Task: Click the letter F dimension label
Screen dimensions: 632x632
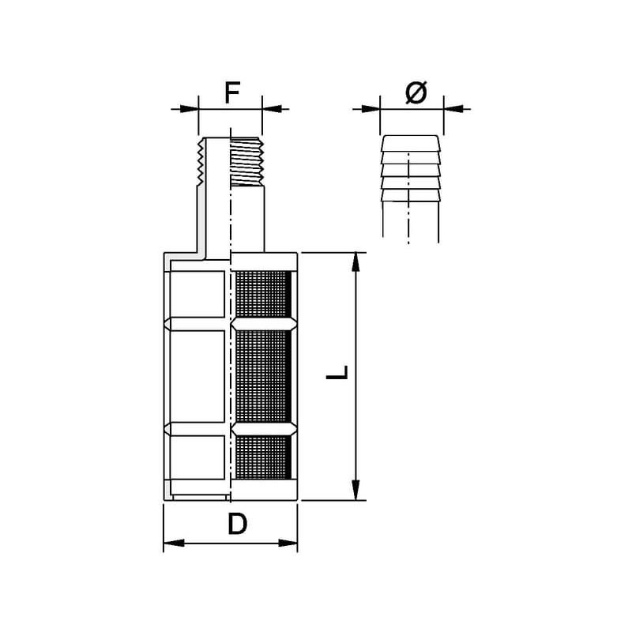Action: tap(232, 92)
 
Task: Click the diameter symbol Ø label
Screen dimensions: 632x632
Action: tap(416, 92)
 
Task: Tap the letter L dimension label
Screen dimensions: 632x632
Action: tap(337, 372)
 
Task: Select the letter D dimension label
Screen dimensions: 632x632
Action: tap(238, 524)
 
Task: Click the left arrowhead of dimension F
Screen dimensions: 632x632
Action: tap(189, 109)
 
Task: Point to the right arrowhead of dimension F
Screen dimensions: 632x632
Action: tap(272, 109)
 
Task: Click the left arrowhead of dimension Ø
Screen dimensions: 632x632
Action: tap(371, 109)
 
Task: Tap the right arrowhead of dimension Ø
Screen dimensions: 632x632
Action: tap(453, 109)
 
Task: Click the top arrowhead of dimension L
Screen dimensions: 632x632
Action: tap(355, 262)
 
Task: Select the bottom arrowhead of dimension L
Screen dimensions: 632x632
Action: tap(355, 491)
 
